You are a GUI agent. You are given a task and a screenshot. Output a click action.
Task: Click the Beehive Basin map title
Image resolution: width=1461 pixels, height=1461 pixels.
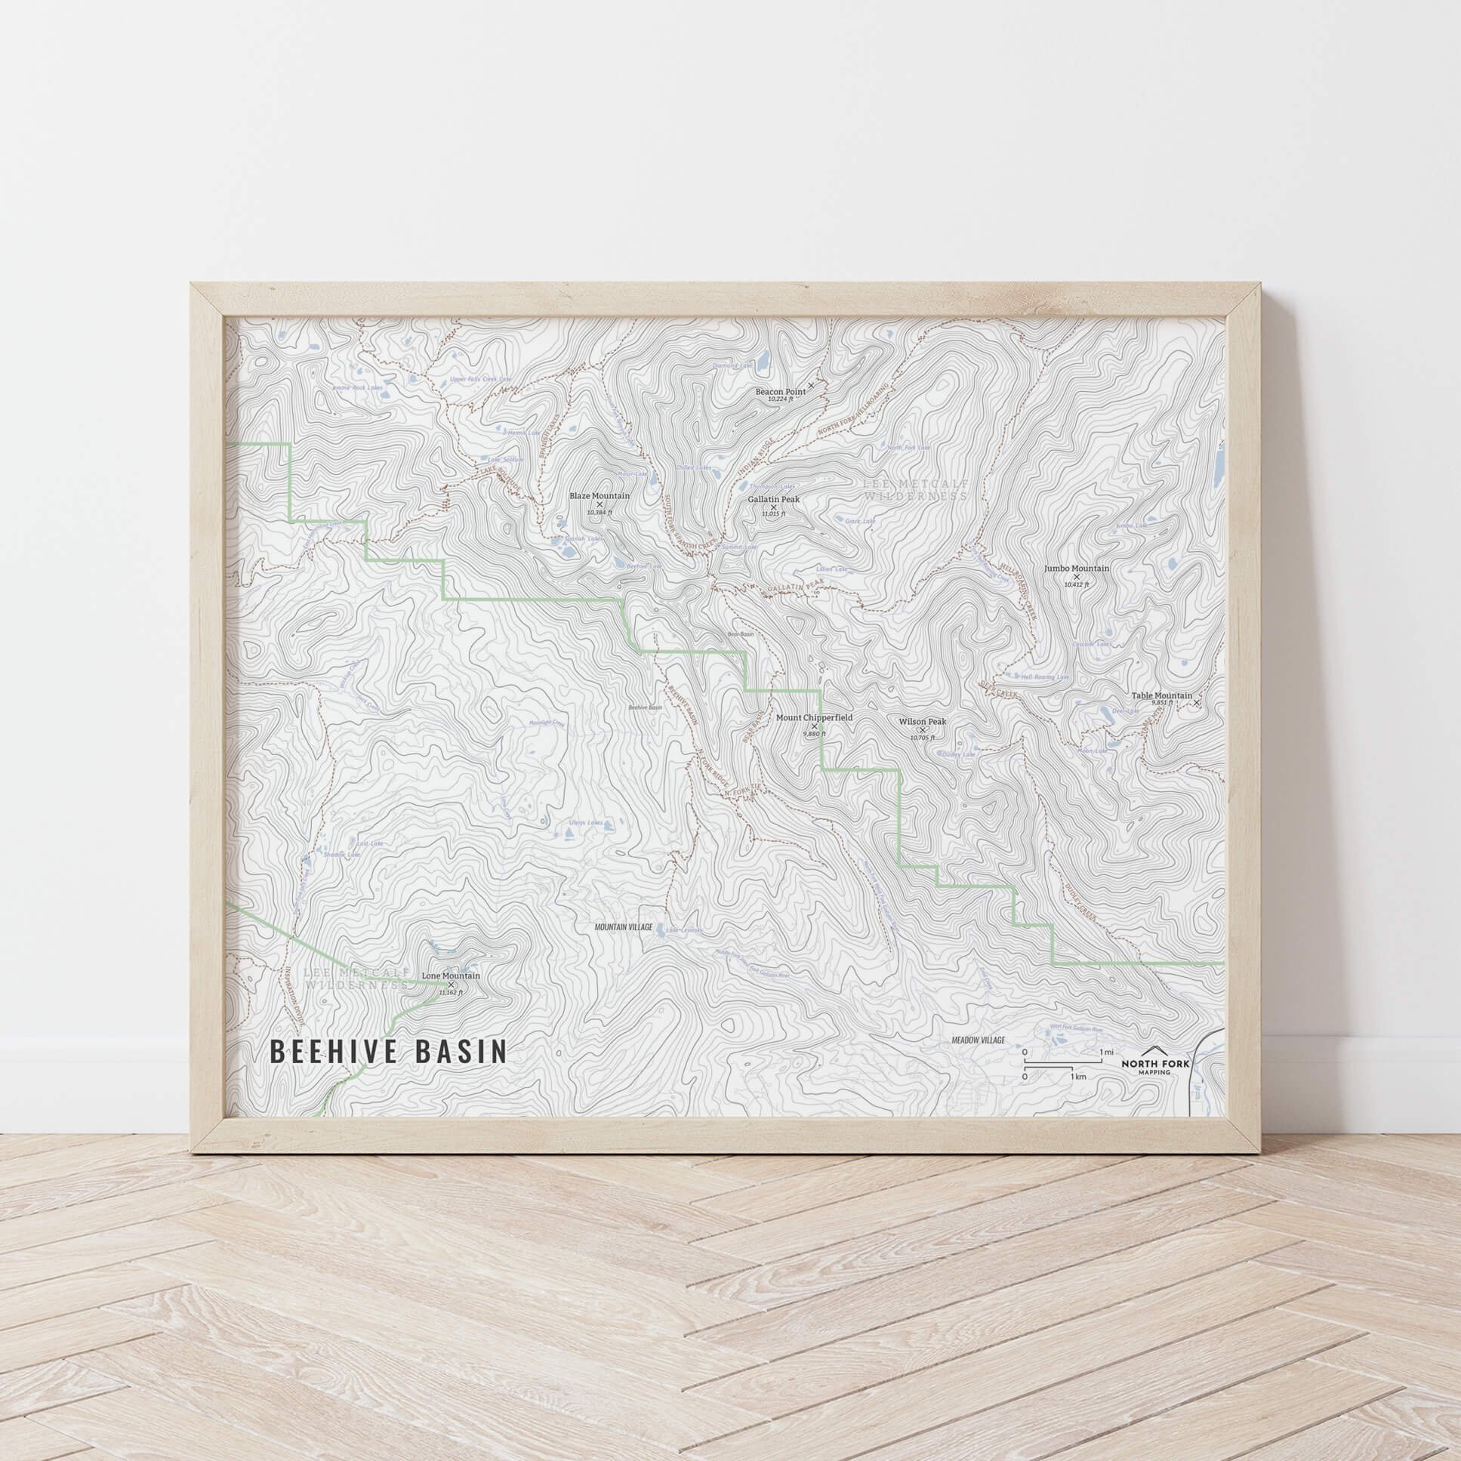pyautogui.click(x=388, y=1052)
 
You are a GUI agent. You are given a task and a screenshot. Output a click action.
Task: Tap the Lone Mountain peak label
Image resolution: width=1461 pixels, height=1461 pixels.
pyautogui.click(x=451, y=976)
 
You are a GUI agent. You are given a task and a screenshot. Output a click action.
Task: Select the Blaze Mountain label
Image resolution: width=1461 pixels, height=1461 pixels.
pyautogui.click(x=599, y=496)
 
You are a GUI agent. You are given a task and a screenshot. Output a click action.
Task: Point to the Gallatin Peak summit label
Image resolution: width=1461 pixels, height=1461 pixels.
pyautogui.click(x=774, y=500)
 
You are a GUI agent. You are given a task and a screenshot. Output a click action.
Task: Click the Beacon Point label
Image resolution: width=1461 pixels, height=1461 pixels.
pyautogui.click(x=781, y=392)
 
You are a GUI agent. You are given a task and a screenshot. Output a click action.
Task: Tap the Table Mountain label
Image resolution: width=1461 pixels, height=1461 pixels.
pyautogui.click(x=1161, y=695)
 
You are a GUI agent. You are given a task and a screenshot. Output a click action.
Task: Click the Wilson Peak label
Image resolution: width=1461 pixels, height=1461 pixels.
pyautogui.click(x=922, y=721)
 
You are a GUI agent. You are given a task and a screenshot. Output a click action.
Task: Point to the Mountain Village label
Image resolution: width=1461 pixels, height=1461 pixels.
pyautogui.click(x=623, y=926)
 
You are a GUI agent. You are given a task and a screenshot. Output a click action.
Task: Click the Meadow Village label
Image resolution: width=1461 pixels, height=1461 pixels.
pyautogui.click(x=978, y=1040)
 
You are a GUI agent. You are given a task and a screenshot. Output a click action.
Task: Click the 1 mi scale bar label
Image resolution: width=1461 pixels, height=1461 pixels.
pyautogui.click(x=1106, y=1052)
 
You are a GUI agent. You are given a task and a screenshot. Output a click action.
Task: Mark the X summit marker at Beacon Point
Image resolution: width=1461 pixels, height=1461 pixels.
pyautogui.click(x=812, y=386)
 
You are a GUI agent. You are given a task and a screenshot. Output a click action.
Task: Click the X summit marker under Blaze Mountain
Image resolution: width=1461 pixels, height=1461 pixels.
pyautogui.click(x=600, y=504)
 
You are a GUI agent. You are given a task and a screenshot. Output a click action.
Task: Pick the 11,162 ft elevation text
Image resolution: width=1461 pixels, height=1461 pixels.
pyautogui.click(x=451, y=993)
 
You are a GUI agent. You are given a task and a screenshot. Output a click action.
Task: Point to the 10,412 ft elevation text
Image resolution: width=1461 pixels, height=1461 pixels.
pyautogui.click(x=1077, y=584)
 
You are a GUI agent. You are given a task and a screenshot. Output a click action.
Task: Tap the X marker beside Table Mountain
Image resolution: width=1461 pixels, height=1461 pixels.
pyautogui.click(x=1196, y=703)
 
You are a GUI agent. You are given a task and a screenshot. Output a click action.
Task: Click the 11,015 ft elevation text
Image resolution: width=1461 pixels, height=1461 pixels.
pyautogui.click(x=774, y=513)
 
